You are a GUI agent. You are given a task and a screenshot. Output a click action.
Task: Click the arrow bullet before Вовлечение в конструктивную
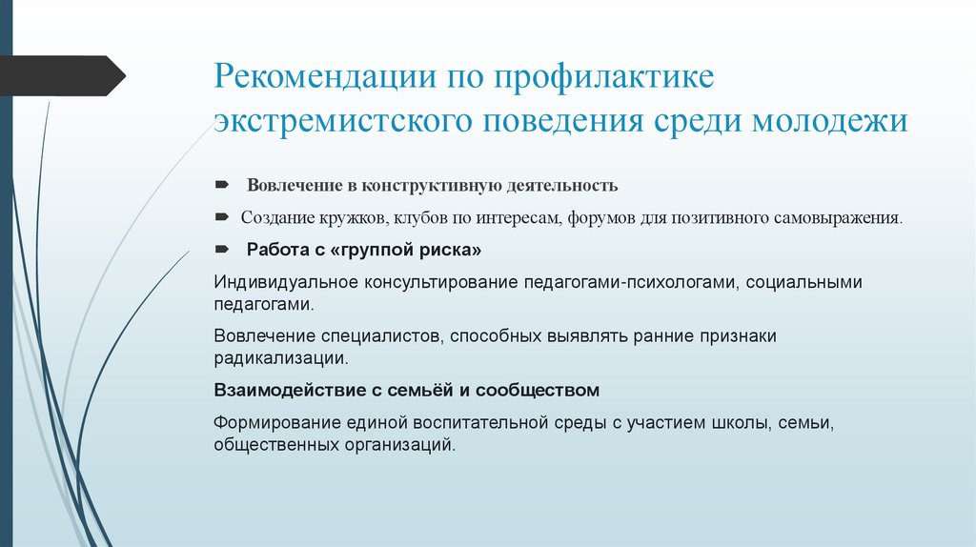click(x=221, y=183)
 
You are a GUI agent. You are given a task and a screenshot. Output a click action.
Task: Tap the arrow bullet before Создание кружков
click(x=221, y=217)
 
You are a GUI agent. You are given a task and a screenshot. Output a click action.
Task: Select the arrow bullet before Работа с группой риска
click(x=221, y=251)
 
